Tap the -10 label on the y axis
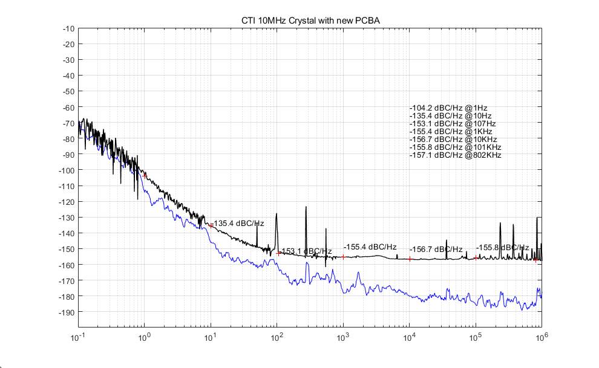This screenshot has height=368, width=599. click(68, 28)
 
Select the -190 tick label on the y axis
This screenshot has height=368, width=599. click(67, 312)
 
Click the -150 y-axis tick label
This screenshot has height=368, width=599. click(67, 249)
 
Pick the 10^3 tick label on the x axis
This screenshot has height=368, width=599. click(342, 336)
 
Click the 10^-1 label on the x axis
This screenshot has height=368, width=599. click(78, 336)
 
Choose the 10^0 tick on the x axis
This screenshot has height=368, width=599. click(144, 336)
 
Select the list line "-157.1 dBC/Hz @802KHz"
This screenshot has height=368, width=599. click(455, 155)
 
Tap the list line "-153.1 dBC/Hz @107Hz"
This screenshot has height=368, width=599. click(453, 123)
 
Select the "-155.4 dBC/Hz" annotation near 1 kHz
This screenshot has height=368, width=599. click(370, 247)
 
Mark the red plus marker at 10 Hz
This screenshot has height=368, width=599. click(211, 225)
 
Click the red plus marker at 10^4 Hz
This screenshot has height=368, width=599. click(410, 259)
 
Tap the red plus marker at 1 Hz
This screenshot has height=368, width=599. click(145, 175)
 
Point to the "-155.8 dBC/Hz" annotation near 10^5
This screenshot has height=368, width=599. click(502, 248)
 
